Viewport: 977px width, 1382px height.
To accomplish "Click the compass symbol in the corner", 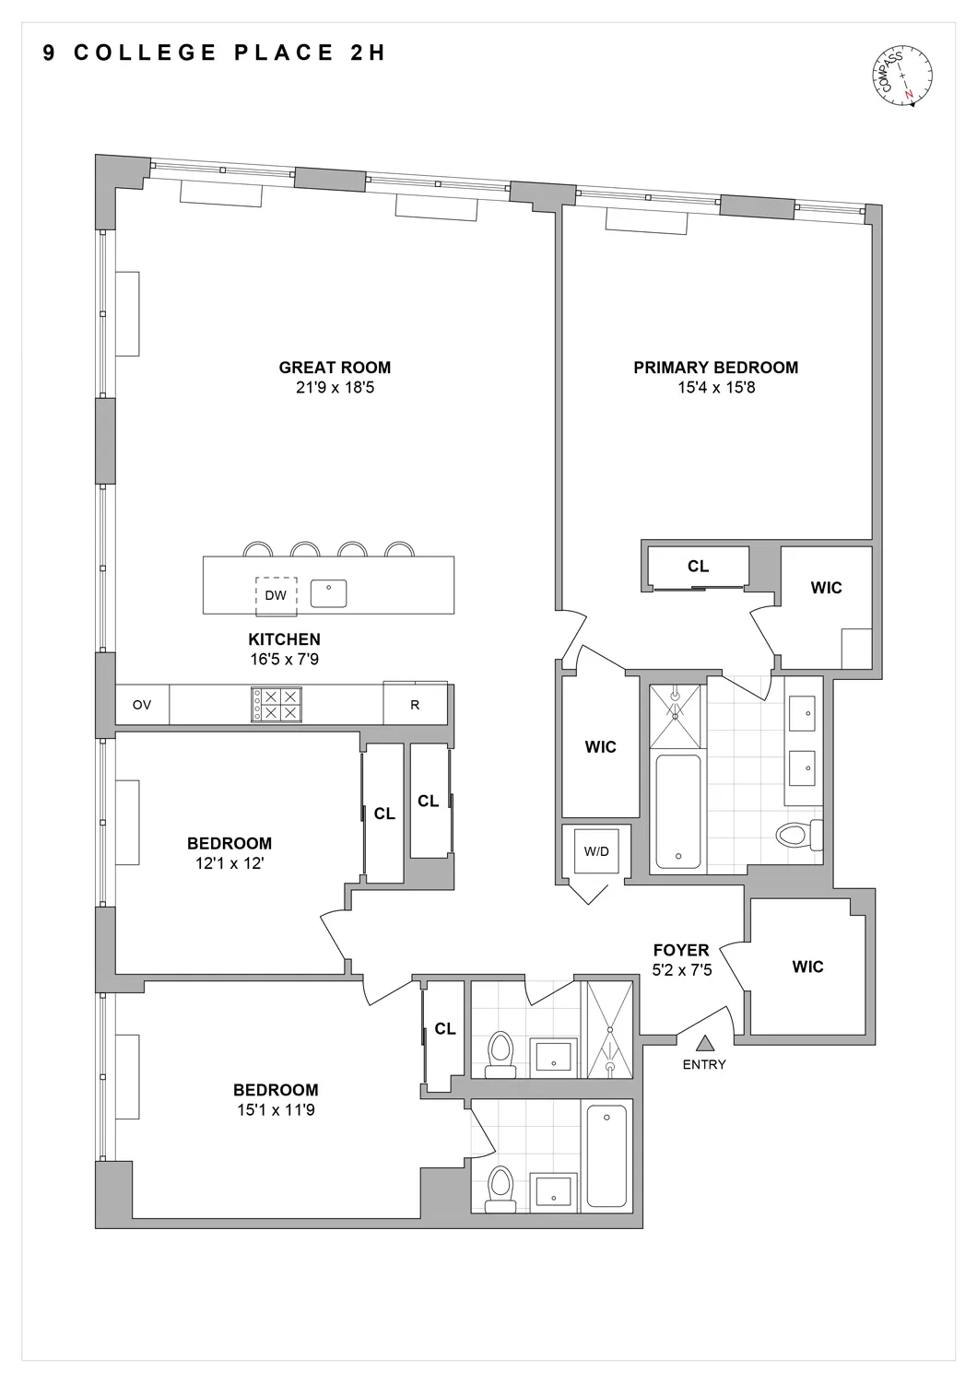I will [x=902, y=77].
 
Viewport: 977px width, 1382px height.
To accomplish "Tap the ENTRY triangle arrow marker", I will [x=705, y=1043].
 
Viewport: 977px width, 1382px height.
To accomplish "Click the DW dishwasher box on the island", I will [x=276, y=595].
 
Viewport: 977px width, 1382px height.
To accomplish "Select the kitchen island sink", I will [x=328, y=593].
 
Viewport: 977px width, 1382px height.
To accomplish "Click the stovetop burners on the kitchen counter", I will [x=276, y=705].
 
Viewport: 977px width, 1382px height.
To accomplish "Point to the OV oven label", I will [x=141, y=705].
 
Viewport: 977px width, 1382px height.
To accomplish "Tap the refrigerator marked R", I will [x=415, y=705].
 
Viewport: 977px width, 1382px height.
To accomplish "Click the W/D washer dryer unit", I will [x=596, y=851].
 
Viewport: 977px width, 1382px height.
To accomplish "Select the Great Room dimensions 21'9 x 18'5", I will [x=335, y=388].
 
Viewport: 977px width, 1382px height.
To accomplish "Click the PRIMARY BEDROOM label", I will [x=715, y=368].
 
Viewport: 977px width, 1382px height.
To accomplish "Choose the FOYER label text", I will [x=681, y=950].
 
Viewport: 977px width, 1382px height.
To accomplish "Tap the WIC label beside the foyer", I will [x=807, y=966].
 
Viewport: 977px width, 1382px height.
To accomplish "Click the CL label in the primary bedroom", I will [x=698, y=567].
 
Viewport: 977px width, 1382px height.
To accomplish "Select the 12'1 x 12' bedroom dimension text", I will [x=230, y=863].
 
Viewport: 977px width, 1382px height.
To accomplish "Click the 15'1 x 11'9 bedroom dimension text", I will [x=275, y=1110].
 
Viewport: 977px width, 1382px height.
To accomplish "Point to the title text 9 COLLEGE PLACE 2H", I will [x=215, y=53].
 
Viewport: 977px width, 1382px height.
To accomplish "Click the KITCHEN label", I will [x=284, y=639].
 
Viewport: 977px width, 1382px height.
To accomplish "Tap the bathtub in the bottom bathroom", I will [x=606, y=1155].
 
